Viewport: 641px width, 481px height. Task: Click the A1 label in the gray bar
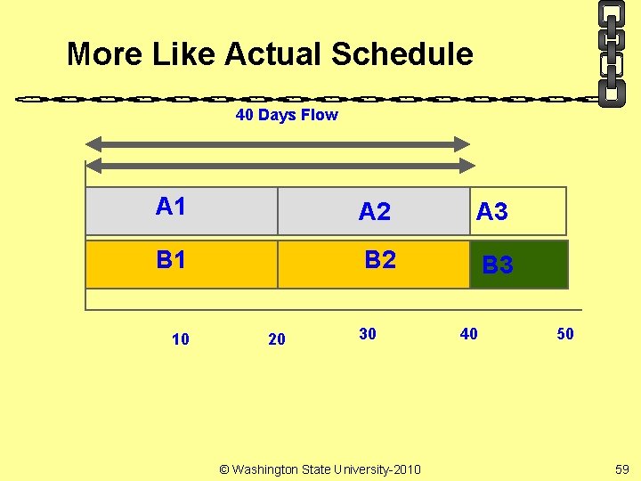pyautogui.click(x=170, y=207)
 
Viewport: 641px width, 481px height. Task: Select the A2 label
pyautogui.click(x=374, y=211)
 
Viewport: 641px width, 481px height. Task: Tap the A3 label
pyautogui.click(x=492, y=211)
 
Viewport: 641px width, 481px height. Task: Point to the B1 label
pyautogui.click(x=171, y=260)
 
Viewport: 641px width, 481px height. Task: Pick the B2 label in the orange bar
pyautogui.click(x=380, y=260)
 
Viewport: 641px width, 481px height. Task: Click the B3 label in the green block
pyautogui.click(x=498, y=265)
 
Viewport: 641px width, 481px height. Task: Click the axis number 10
pyautogui.click(x=180, y=338)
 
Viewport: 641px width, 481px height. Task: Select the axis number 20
pyautogui.click(x=277, y=338)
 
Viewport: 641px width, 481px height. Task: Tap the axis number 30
pyautogui.click(x=368, y=334)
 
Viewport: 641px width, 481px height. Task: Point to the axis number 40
pyautogui.click(x=468, y=334)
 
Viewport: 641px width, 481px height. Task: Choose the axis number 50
pyautogui.click(x=565, y=334)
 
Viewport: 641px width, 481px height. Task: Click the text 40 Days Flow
pyautogui.click(x=287, y=115)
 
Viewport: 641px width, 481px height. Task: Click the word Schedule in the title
pyautogui.click(x=402, y=54)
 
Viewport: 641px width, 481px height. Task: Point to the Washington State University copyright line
pyautogui.click(x=320, y=469)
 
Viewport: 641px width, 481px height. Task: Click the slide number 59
pyautogui.click(x=621, y=469)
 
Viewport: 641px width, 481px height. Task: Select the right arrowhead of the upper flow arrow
pyautogui.click(x=461, y=143)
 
